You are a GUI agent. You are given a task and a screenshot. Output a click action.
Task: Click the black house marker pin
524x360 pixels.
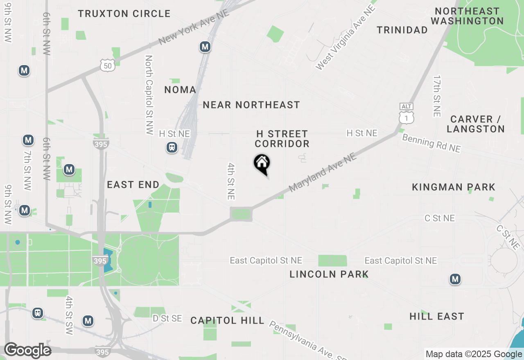coord(262,164)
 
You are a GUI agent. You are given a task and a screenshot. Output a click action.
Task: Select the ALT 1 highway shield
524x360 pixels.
coord(407,113)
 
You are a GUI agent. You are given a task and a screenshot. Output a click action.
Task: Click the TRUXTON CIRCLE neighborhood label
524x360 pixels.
coord(124,13)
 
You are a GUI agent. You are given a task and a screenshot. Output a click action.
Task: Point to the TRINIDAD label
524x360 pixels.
coord(402,30)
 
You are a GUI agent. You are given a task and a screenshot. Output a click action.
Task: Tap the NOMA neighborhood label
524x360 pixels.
coord(180,90)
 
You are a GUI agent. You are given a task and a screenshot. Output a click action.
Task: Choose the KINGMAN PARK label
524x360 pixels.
coord(454,187)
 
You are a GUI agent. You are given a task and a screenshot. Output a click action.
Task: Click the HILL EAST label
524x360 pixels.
coord(437,316)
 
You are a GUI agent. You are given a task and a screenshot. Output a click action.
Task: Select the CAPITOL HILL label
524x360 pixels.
coord(227,320)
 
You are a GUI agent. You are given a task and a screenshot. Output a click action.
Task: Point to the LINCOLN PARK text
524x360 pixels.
coord(329,274)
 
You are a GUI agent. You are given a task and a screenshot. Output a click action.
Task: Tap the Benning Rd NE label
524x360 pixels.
coord(431,143)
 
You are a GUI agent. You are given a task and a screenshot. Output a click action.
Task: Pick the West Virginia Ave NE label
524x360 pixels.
coord(346,38)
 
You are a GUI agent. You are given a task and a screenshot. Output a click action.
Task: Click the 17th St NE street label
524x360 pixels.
coord(437,96)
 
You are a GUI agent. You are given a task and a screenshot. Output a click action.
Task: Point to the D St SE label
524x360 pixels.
coord(167,318)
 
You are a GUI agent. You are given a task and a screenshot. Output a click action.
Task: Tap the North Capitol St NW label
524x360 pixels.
coord(149,95)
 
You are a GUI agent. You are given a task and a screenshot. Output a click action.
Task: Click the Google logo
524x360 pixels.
coord(27,350)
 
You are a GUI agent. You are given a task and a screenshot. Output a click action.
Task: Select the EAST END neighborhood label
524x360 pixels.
coord(133,185)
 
